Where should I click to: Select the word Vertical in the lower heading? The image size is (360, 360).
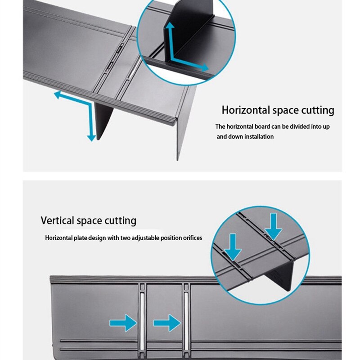point(57,221)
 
